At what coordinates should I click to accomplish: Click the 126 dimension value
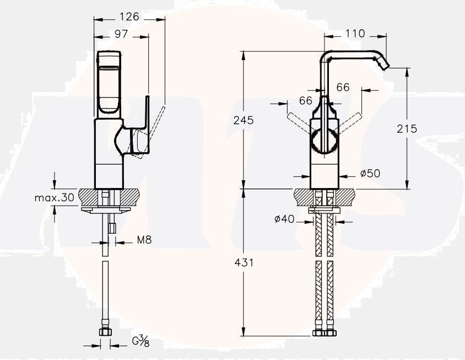[x=129, y=17]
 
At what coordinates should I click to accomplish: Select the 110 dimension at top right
[x=355, y=34]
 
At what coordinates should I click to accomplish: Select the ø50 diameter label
[x=370, y=173]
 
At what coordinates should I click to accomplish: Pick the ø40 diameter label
[x=284, y=219]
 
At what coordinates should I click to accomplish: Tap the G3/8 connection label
[x=140, y=341]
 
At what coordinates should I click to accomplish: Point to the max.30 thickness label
[x=54, y=197]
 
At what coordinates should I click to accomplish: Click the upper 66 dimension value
[x=343, y=87]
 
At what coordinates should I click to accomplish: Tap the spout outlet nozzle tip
[x=385, y=65]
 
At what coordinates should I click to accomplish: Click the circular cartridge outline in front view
[x=323, y=141]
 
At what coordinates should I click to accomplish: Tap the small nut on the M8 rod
[x=112, y=227]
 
